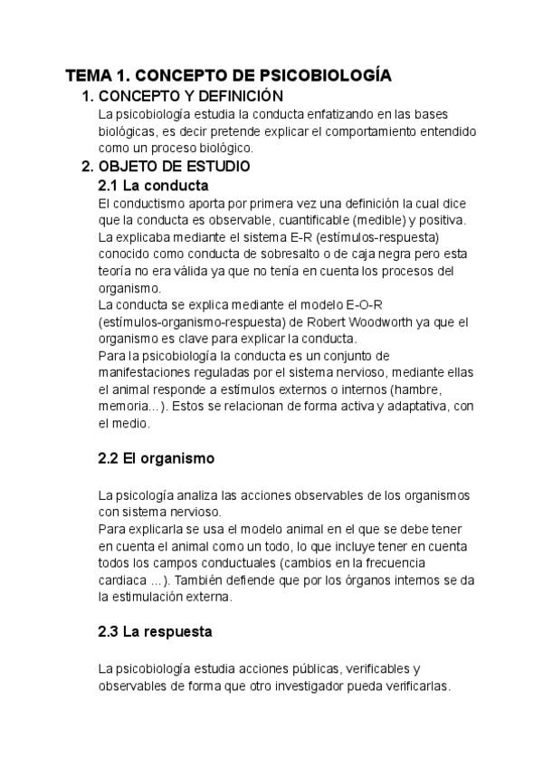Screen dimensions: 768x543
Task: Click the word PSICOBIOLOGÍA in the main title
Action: pyautogui.click(x=325, y=76)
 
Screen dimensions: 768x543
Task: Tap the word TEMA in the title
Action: pyautogui.click(x=89, y=76)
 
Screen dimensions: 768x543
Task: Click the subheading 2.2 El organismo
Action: pyautogui.click(x=156, y=458)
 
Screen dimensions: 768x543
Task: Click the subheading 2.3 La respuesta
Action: pyautogui.click(x=155, y=631)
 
